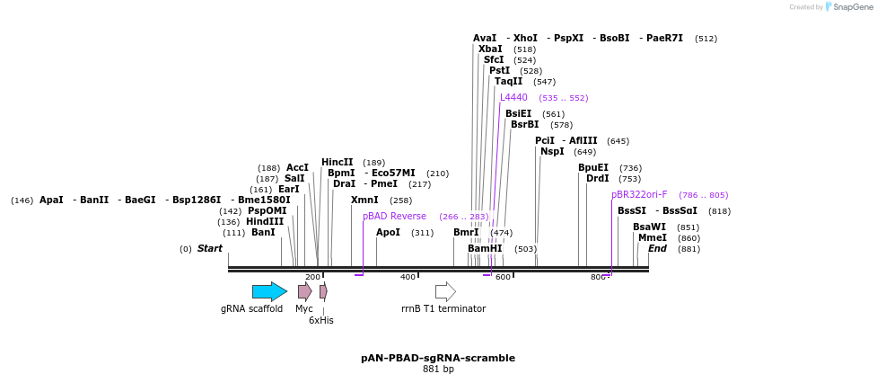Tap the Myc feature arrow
tap(305, 291)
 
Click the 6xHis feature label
tap(320, 320)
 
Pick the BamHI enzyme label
tap(485, 248)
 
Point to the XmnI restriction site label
tap(364, 200)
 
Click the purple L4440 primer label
tap(513, 97)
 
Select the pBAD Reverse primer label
tap(394, 216)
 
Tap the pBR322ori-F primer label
tap(639, 194)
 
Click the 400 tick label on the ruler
tap(408, 277)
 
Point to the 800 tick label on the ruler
tap(599, 277)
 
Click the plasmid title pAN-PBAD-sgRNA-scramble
tap(438, 358)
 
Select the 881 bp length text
tap(438, 369)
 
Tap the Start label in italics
tap(209, 248)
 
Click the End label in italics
tap(657, 248)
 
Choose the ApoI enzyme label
tap(388, 232)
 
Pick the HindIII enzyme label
tap(265, 221)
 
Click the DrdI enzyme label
tap(597, 178)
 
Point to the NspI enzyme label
tap(552, 151)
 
